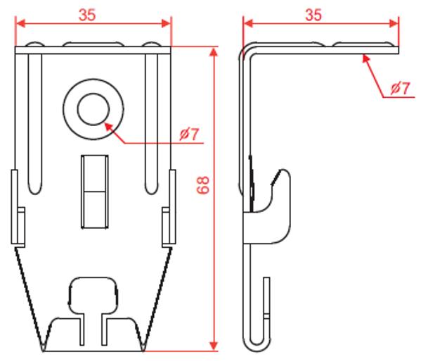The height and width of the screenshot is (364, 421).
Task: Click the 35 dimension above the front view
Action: [87, 15]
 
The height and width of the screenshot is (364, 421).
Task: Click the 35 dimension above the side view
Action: [313, 15]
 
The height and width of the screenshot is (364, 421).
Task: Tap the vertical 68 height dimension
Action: [203, 185]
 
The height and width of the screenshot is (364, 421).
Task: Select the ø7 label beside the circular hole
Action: [190, 134]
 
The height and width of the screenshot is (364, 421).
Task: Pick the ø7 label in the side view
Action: [401, 88]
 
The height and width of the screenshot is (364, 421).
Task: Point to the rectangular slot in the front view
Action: [95, 192]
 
